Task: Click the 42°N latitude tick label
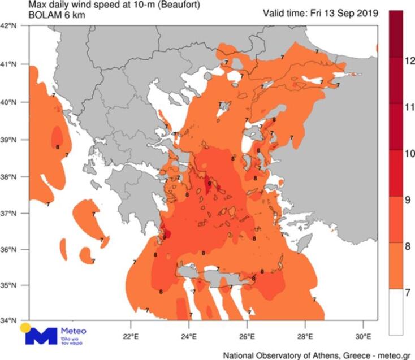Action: click(x=12, y=26)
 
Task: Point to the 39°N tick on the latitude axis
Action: click(x=12, y=139)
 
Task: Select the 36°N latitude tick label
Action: click(x=12, y=249)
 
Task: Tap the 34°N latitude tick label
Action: click(x=12, y=320)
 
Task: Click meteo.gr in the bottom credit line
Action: click(x=394, y=355)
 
